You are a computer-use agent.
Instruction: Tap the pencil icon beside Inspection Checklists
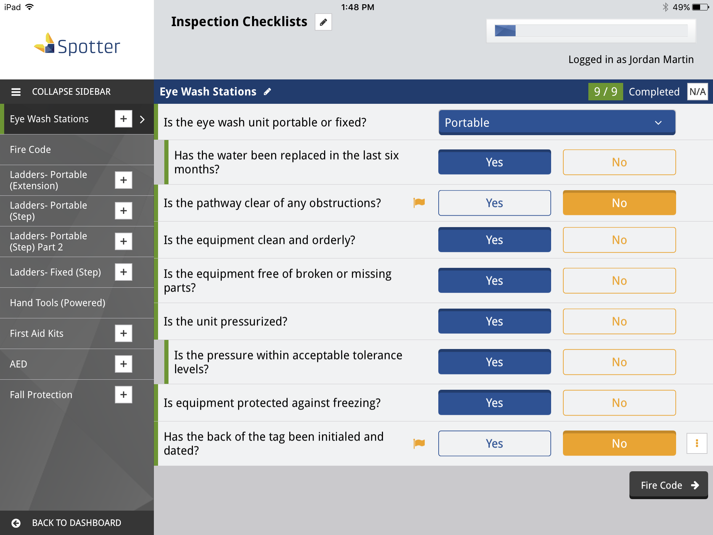(x=323, y=22)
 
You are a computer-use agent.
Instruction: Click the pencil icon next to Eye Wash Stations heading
(x=267, y=92)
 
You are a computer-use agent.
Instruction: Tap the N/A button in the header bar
(x=697, y=92)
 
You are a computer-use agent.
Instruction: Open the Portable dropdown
(x=557, y=123)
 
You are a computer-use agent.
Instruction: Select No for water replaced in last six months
(x=619, y=162)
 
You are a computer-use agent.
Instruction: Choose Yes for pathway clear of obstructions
(x=494, y=203)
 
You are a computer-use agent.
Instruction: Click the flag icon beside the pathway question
(x=419, y=202)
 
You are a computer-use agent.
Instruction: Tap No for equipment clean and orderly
(x=619, y=240)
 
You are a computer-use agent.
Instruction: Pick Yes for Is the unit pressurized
(x=494, y=321)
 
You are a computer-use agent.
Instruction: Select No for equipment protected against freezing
(x=619, y=403)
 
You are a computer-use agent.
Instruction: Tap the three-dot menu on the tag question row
(x=697, y=443)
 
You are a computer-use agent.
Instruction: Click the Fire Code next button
(x=668, y=485)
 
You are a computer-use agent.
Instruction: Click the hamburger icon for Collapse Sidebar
(x=16, y=92)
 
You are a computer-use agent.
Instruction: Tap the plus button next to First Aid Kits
(x=124, y=333)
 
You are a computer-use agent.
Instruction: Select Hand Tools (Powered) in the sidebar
(x=58, y=303)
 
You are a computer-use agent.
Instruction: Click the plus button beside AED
(x=124, y=364)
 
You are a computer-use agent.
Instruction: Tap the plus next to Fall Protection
(x=124, y=395)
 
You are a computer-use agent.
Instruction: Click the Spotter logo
(x=77, y=45)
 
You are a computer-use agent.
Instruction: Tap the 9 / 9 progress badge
(x=605, y=92)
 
